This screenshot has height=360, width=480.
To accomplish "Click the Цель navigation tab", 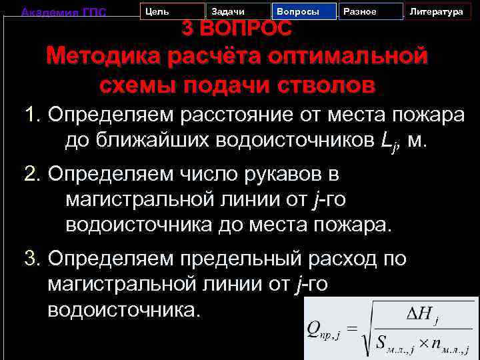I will tap(172, 12).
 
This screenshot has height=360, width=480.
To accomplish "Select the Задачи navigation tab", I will tap(237, 12).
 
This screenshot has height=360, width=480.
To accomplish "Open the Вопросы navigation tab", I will tap(303, 12).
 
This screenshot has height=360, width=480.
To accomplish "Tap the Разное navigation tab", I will tap(370, 12).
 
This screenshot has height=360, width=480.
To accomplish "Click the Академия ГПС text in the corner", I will tap(64, 12).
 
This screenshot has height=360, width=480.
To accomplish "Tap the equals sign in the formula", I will tap(352, 329).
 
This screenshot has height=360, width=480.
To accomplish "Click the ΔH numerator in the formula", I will tap(421, 312).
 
